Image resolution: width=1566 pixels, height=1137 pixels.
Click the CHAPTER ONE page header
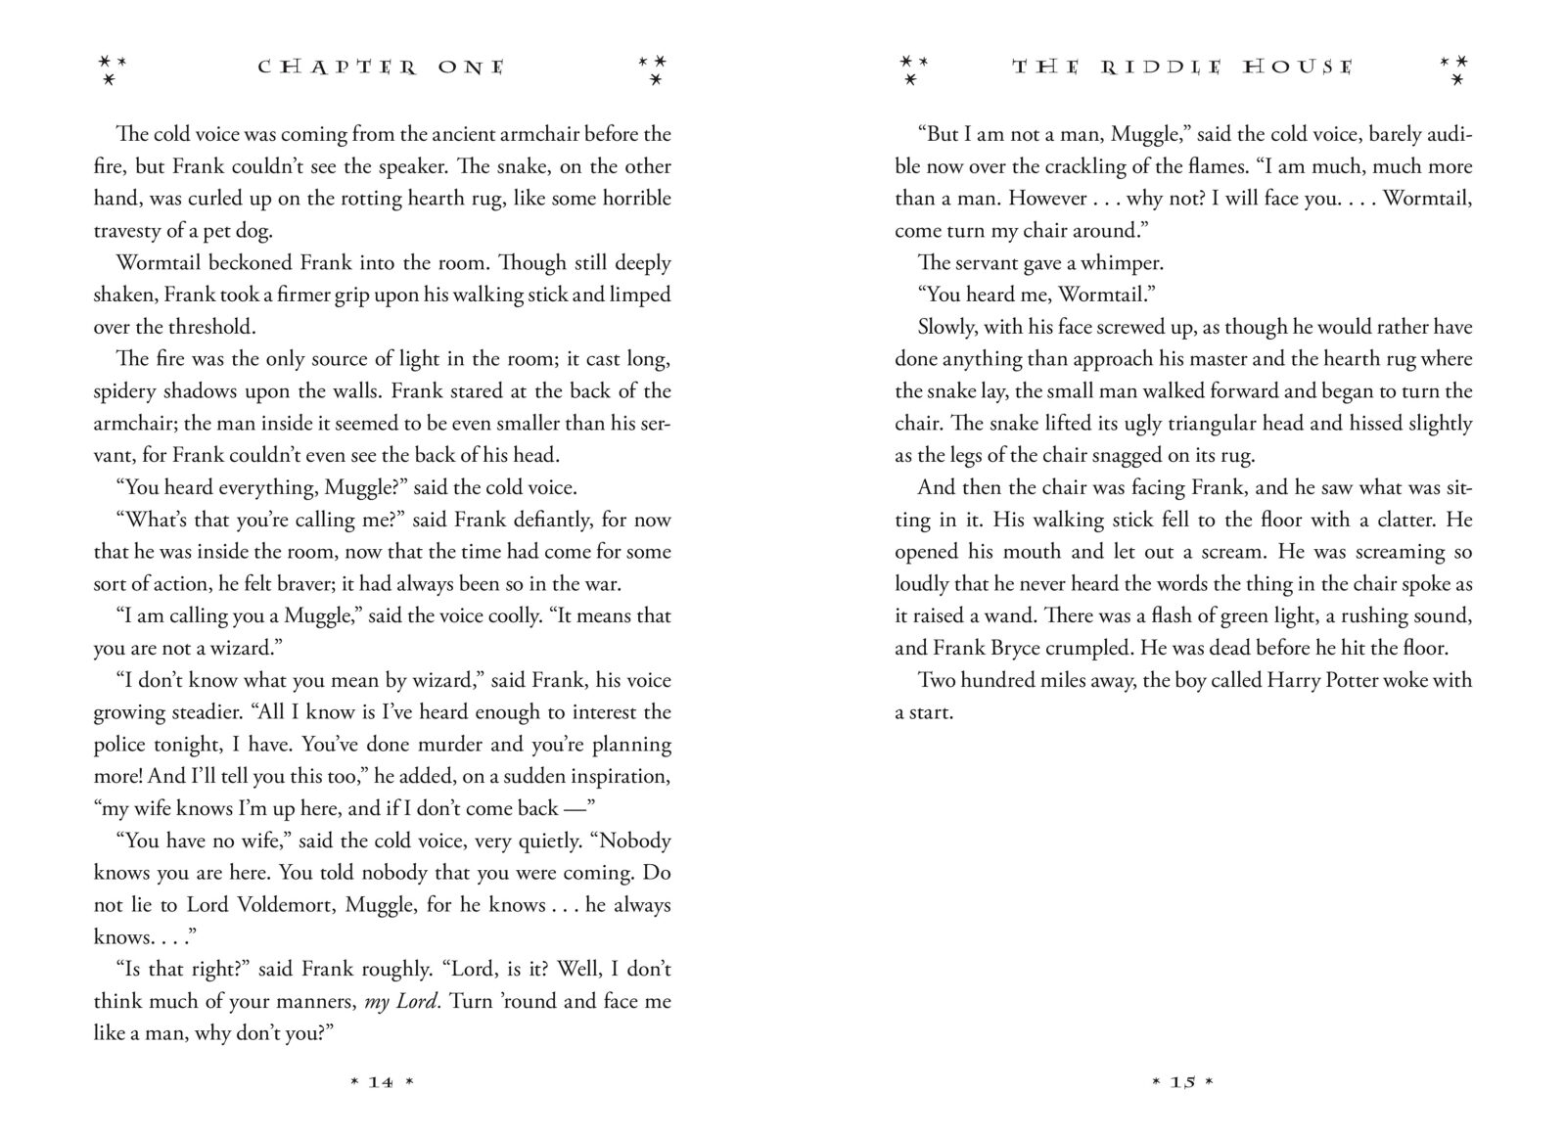(382, 68)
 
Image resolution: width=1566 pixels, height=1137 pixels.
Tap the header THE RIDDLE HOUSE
(1182, 68)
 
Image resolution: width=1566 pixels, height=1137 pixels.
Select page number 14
(382, 1082)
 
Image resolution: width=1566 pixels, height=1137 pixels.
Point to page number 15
(1183, 1082)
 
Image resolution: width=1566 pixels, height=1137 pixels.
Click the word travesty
(128, 231)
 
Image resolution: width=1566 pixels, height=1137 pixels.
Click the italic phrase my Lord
(402, 1001)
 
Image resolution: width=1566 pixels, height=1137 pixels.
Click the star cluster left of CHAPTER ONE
(113, 68)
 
